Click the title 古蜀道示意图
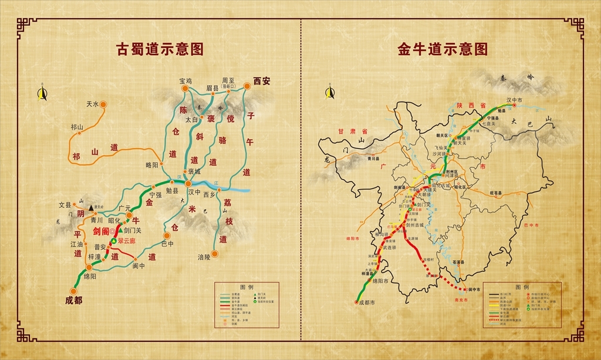click(160, 49)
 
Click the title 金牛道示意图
click(443, 49)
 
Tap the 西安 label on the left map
click(261, 81)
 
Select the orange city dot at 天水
click(103, 105)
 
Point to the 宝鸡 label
click(185, 81)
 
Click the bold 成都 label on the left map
click(74, 300)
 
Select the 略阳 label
click(152, 166)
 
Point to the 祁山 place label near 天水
click(77, 127)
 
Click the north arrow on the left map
click(42, 94)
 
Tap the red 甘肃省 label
click(356, 132)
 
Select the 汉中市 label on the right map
click(514, 100)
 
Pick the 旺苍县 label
click(497, 191)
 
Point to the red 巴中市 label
click(529, 224)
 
